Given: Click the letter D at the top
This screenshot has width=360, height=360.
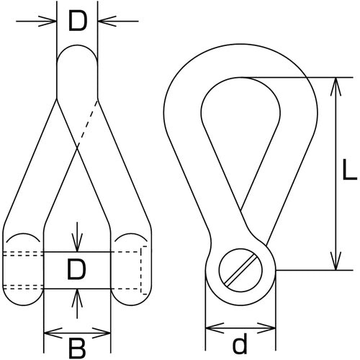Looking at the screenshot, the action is (x=77, y=22).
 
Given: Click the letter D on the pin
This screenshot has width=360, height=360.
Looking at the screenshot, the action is (x=76, y=270).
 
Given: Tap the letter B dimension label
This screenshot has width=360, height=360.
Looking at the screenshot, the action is (x=77, y=348).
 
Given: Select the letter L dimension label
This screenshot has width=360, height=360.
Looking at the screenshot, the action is (x=349, y=170).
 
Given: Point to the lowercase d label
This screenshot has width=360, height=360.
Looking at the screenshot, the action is (x=240, y=343).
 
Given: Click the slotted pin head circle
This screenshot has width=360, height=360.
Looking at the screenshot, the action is (x=240, y=270).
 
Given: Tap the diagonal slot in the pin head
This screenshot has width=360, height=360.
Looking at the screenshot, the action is (x=240, y=270).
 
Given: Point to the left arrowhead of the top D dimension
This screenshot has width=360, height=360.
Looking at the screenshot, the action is (x=48, y=22).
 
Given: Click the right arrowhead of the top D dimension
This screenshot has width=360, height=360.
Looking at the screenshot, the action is (x=107, y=22).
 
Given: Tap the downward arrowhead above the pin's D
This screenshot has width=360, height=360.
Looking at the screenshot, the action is (x=77, y=243).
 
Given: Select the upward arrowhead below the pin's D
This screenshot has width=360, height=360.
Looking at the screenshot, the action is (x=77, y=298).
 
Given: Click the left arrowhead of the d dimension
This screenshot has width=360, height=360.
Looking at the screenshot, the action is (x=215, y=328).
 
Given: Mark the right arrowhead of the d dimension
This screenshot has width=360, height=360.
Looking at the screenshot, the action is (x=266, y=328).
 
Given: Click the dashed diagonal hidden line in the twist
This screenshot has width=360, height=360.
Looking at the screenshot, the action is (x=87, y=123).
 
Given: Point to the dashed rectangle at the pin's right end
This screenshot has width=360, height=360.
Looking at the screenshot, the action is (x=143, y=270).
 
